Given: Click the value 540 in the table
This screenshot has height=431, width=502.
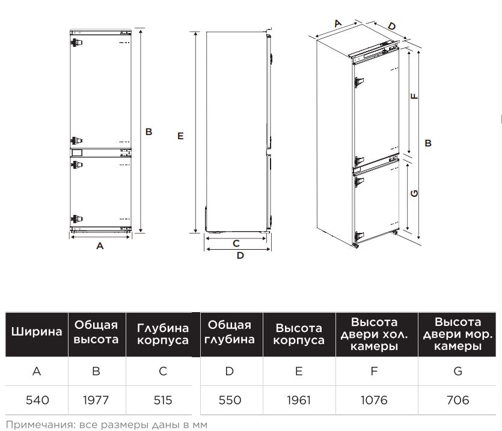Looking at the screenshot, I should point(37,400).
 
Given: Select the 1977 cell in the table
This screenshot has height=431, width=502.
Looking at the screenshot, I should point(96,400).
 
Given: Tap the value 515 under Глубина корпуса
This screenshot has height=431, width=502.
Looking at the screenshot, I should point(162,400).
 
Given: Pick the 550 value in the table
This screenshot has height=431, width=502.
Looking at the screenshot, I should point(229,400).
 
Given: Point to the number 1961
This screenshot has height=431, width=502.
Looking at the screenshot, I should point(299,400).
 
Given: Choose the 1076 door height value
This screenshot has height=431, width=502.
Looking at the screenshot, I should point(374,400).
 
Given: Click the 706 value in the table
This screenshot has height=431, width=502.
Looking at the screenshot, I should point(458,400).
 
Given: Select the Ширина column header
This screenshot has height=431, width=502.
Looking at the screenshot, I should point(37,331).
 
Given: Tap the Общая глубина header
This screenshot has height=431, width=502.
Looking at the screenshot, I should point(229,332).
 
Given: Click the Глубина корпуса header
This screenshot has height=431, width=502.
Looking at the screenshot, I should point(162,334).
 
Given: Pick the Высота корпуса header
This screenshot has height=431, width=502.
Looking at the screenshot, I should point(299,334).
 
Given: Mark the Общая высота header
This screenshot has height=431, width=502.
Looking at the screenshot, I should point(96,332).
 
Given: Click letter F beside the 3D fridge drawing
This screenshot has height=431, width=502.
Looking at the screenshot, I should point(414,96).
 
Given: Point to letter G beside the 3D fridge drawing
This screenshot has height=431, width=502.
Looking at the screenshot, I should point(414,193).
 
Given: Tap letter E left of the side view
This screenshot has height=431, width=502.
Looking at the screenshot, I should point(180,136).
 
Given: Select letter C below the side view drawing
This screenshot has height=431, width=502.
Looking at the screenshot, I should point(236,243).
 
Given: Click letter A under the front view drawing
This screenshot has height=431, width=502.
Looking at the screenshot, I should point(100,246).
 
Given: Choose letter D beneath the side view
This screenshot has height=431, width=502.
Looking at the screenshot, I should point(240,256).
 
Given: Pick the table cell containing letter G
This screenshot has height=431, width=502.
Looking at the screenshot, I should point(458,371).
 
